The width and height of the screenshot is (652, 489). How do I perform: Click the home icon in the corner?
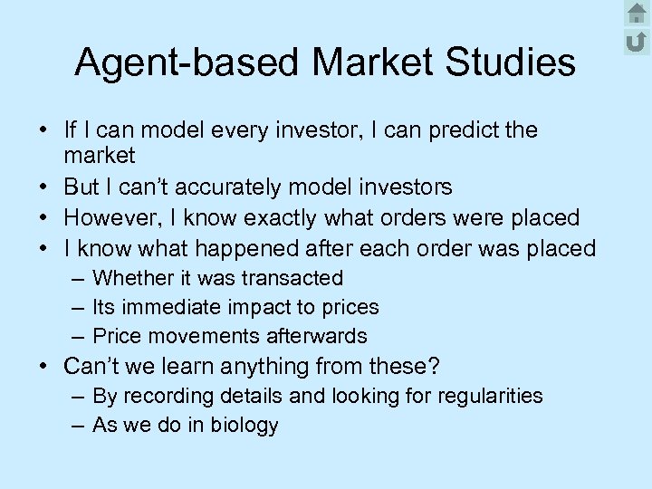(x=636, y=13)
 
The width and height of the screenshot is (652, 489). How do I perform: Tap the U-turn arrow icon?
(x=636, y=40)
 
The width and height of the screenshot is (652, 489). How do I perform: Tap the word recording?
(x=167, y=396)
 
